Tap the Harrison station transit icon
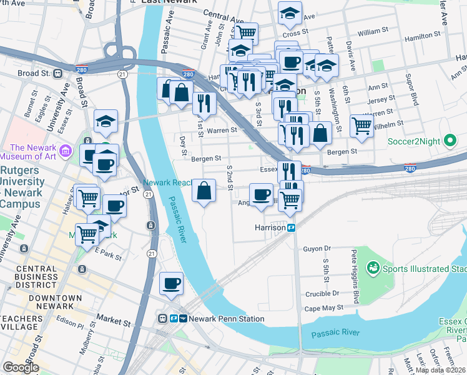coord(291,228)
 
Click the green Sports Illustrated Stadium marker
coord(373,269)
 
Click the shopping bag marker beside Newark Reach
coord(204,191)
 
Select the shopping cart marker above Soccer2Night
coord(361,125)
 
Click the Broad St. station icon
coord(58,73)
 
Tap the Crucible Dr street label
coord(322,292)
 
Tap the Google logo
coord(21,367)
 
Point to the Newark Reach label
coord(167,182)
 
